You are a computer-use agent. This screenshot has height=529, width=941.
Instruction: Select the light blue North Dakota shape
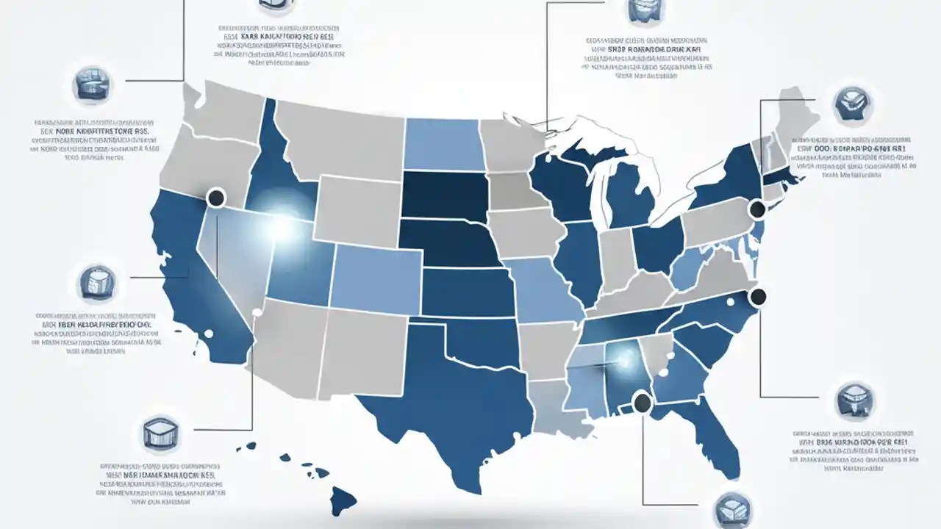click(441, 143)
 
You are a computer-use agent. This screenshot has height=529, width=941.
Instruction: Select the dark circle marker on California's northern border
click(216, 197)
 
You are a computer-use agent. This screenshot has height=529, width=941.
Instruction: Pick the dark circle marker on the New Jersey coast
click(756, 210)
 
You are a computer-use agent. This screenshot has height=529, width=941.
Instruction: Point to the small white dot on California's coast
click(208, 334)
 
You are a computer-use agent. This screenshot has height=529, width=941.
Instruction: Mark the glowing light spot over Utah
click(282, 226)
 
